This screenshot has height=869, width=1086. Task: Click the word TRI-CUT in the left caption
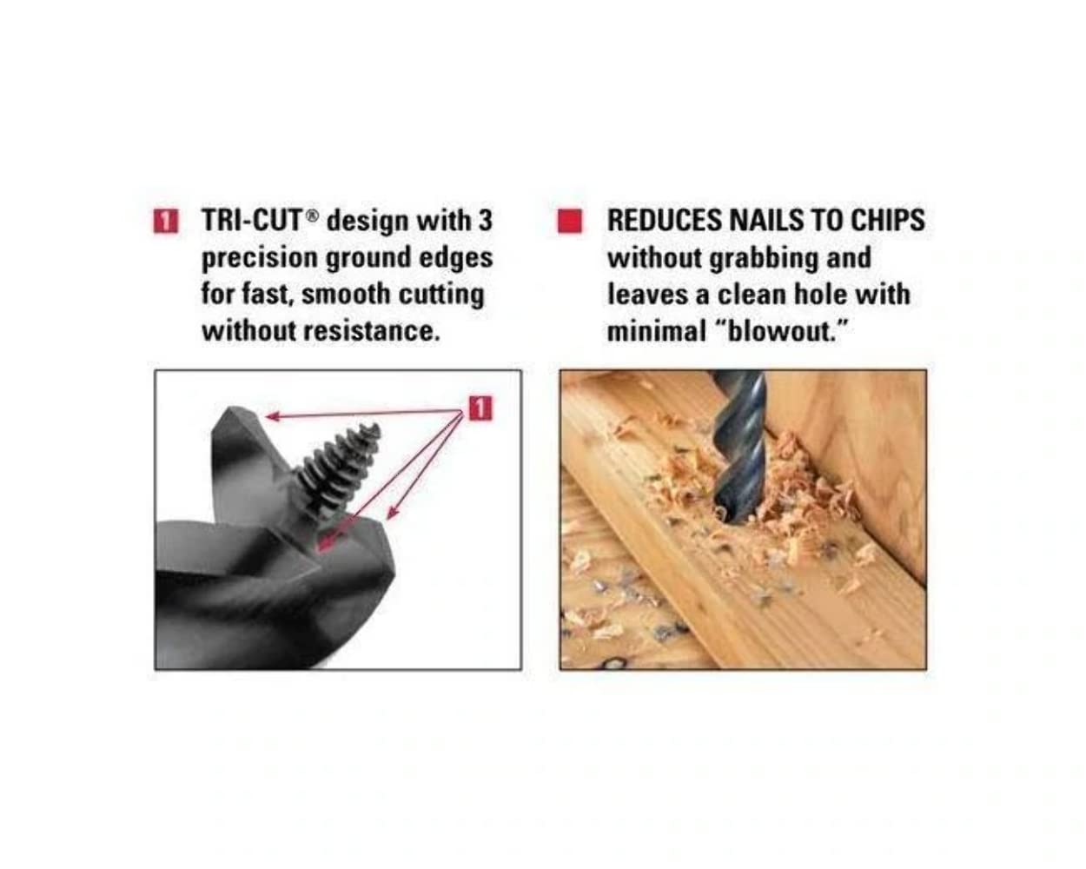click(x=251, y=221)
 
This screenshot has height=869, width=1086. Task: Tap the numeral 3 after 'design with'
click(x=484, y=221)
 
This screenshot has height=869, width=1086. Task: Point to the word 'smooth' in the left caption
click(x=346, y=294)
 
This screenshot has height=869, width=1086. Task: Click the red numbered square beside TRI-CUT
click(x=166, y=222)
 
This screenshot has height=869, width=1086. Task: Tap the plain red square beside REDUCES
click(x=570, y=222)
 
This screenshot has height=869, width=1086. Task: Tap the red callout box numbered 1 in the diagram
click(x=480, y=408)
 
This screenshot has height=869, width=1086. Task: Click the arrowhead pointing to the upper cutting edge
click(x=273, y=416)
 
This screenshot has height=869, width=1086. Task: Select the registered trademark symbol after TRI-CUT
click(x=313, y=216)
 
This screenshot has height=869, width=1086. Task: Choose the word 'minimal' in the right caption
click(x=657, y=331)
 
